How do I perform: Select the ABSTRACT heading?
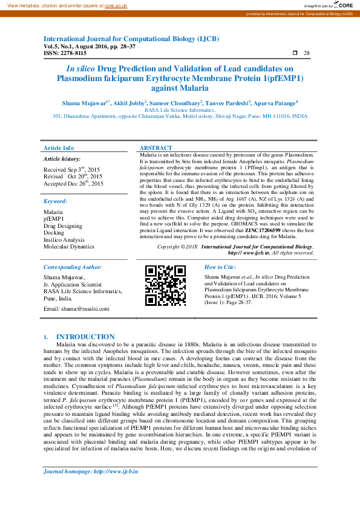155,148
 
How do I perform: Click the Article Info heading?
59,148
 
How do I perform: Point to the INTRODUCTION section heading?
85,337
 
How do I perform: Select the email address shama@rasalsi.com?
77,309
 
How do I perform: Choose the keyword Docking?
54,232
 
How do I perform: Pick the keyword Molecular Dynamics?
69,247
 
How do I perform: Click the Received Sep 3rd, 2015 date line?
72,170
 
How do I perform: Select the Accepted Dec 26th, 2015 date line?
73,183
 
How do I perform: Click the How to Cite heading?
220,267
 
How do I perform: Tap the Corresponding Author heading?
73,267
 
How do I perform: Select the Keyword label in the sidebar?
55,201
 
